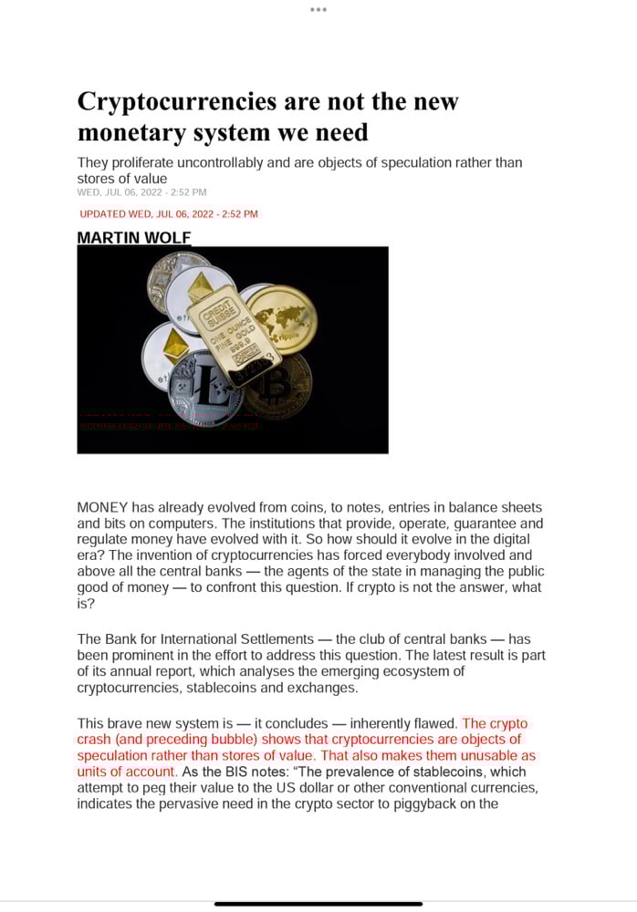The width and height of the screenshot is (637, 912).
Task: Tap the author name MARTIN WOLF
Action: (134, 238)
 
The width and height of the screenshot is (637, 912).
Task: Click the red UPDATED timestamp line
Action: (169, 214)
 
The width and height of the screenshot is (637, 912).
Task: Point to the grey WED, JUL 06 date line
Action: (141, 192)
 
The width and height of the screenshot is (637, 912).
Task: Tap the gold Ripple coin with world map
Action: (284, 318)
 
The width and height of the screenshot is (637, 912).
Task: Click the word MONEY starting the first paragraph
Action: (102, 507)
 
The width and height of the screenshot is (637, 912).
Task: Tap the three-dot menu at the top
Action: (318, 9)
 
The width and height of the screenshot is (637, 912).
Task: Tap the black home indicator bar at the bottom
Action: (318, 904)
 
